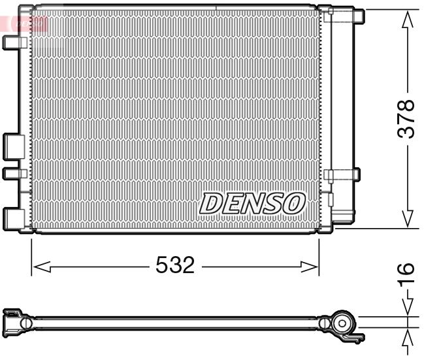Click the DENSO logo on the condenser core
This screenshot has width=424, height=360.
click(252, 203)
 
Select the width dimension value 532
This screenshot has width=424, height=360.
click(175, 265)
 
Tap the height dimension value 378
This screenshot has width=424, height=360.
click(407, 118)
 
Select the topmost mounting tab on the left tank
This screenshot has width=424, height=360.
click(13, 42)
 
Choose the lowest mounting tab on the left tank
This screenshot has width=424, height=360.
click(13, 217)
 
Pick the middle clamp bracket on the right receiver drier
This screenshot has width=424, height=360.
click(342, 175)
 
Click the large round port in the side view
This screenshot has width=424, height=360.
click(342, 323)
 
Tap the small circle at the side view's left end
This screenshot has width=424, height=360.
click(25, 323)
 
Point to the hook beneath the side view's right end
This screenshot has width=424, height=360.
click(356, 338)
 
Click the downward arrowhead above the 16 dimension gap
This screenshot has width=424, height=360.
click(408, 307)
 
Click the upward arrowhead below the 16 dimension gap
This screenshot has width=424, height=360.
click(408, 337)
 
